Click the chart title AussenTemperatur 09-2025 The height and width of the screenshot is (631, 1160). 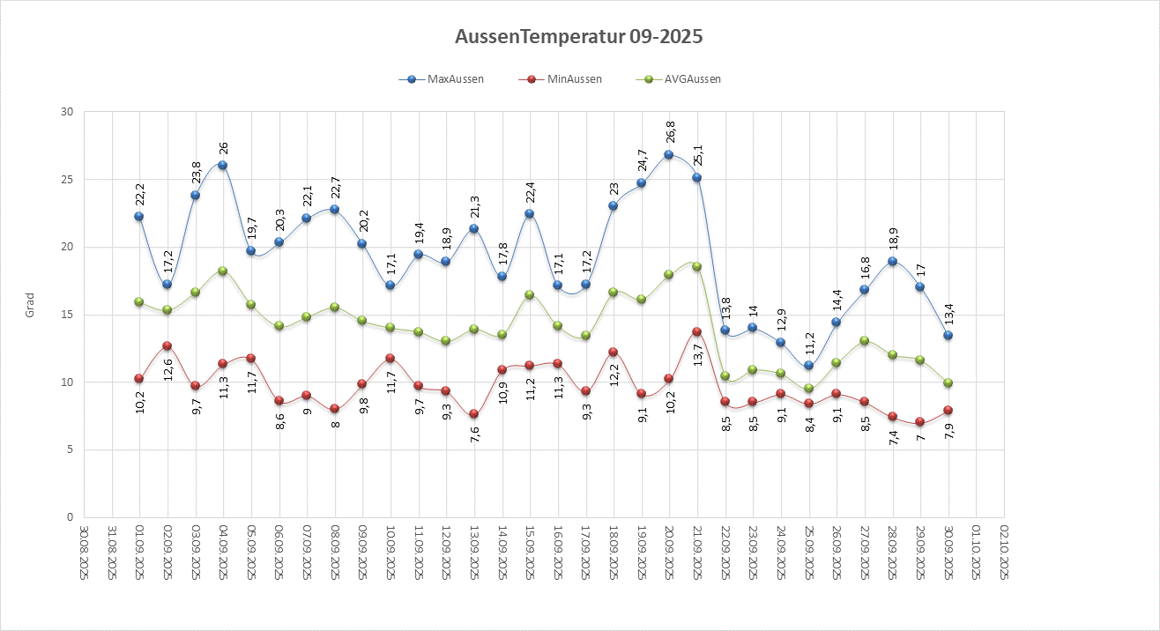coord(579,37)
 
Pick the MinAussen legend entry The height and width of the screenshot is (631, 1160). coord(572,79)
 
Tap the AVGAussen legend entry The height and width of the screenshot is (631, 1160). coord(691,79)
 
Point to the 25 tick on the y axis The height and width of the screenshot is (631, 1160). coord(67,180)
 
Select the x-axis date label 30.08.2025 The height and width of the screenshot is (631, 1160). coord(84,552)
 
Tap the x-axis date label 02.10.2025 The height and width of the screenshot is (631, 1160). coord(1005,552)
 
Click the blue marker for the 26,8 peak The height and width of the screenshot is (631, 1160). coord(669,154)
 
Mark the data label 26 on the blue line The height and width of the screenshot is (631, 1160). coord(223,147)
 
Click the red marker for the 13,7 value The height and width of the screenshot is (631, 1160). coord(697,331)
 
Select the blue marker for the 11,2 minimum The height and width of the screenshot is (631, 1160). coord(808,366)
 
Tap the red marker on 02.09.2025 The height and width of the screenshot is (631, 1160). coord(167,346)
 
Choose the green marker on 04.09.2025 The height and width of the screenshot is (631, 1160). coord(222,271)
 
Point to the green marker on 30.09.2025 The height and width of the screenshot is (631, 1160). coord(948,382)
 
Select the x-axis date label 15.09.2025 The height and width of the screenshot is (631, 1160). coord(530,552)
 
